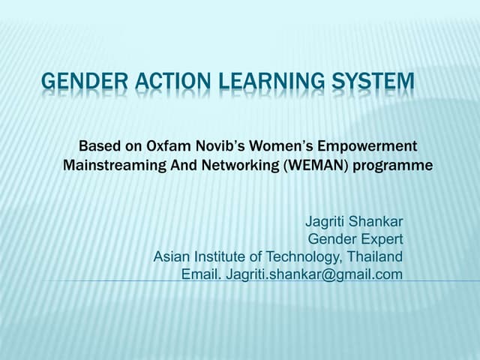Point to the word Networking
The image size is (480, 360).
tap(232, 165)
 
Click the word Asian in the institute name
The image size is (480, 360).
tap(171, 257)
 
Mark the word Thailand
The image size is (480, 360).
tap(375, 257)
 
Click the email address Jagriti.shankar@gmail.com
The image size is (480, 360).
tap(314, 275)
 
